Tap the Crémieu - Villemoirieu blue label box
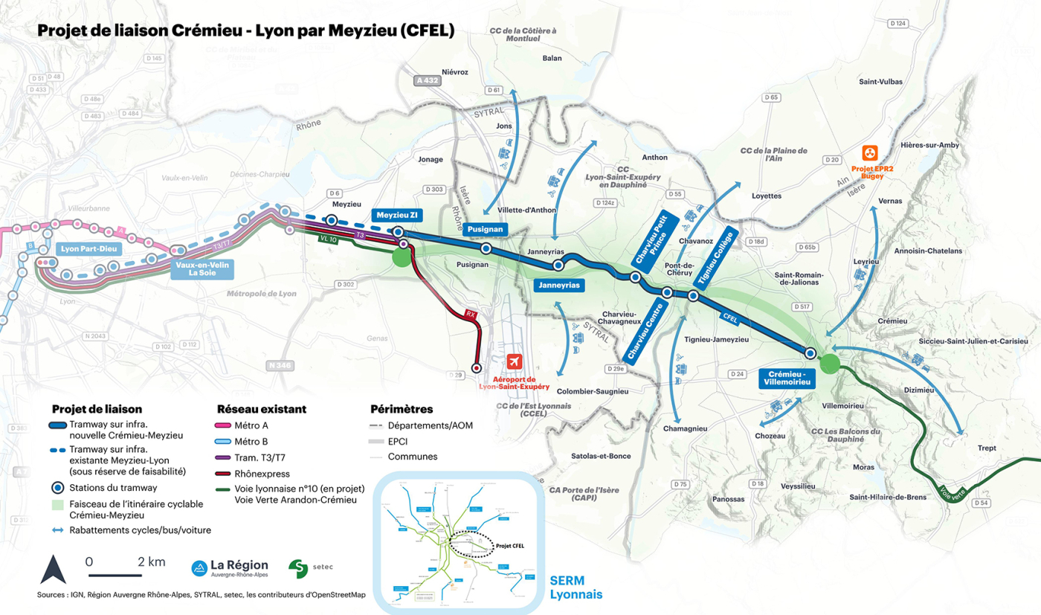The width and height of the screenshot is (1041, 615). [x=785, y=377]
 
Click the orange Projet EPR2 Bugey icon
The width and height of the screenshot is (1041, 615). [x=868, y=152]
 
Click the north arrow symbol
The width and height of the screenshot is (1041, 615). [x=53, y=570]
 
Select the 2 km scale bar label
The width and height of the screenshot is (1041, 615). [x=152, y=561]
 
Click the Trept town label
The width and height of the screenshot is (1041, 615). [x=987, y=448]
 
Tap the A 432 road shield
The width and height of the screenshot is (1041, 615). [x=429, y=80]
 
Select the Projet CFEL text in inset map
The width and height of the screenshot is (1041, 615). [x=509, y=546]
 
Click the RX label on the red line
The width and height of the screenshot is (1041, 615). [x=470, y=315]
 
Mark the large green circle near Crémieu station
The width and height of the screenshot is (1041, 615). [x=830, y=364]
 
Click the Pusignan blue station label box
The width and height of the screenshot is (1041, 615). [x=485, y=230]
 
